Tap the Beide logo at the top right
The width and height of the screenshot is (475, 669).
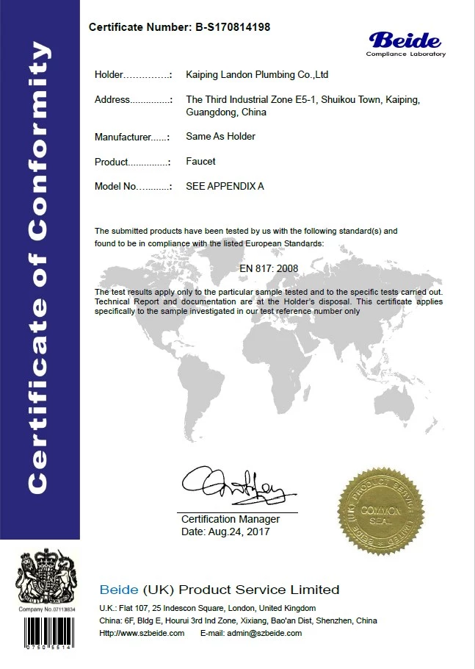(406, 43)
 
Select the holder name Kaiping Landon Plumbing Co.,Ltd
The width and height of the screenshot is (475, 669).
(257, 75)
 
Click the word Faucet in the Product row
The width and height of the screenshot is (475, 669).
(200, 161)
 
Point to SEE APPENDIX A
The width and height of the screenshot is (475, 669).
(225, 186)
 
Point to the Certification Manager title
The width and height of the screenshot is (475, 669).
(230, 519)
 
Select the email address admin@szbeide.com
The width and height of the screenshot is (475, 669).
(266, 633)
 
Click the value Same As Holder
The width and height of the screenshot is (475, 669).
(220, 137)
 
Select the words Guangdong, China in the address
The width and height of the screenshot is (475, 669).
(226, 112)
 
